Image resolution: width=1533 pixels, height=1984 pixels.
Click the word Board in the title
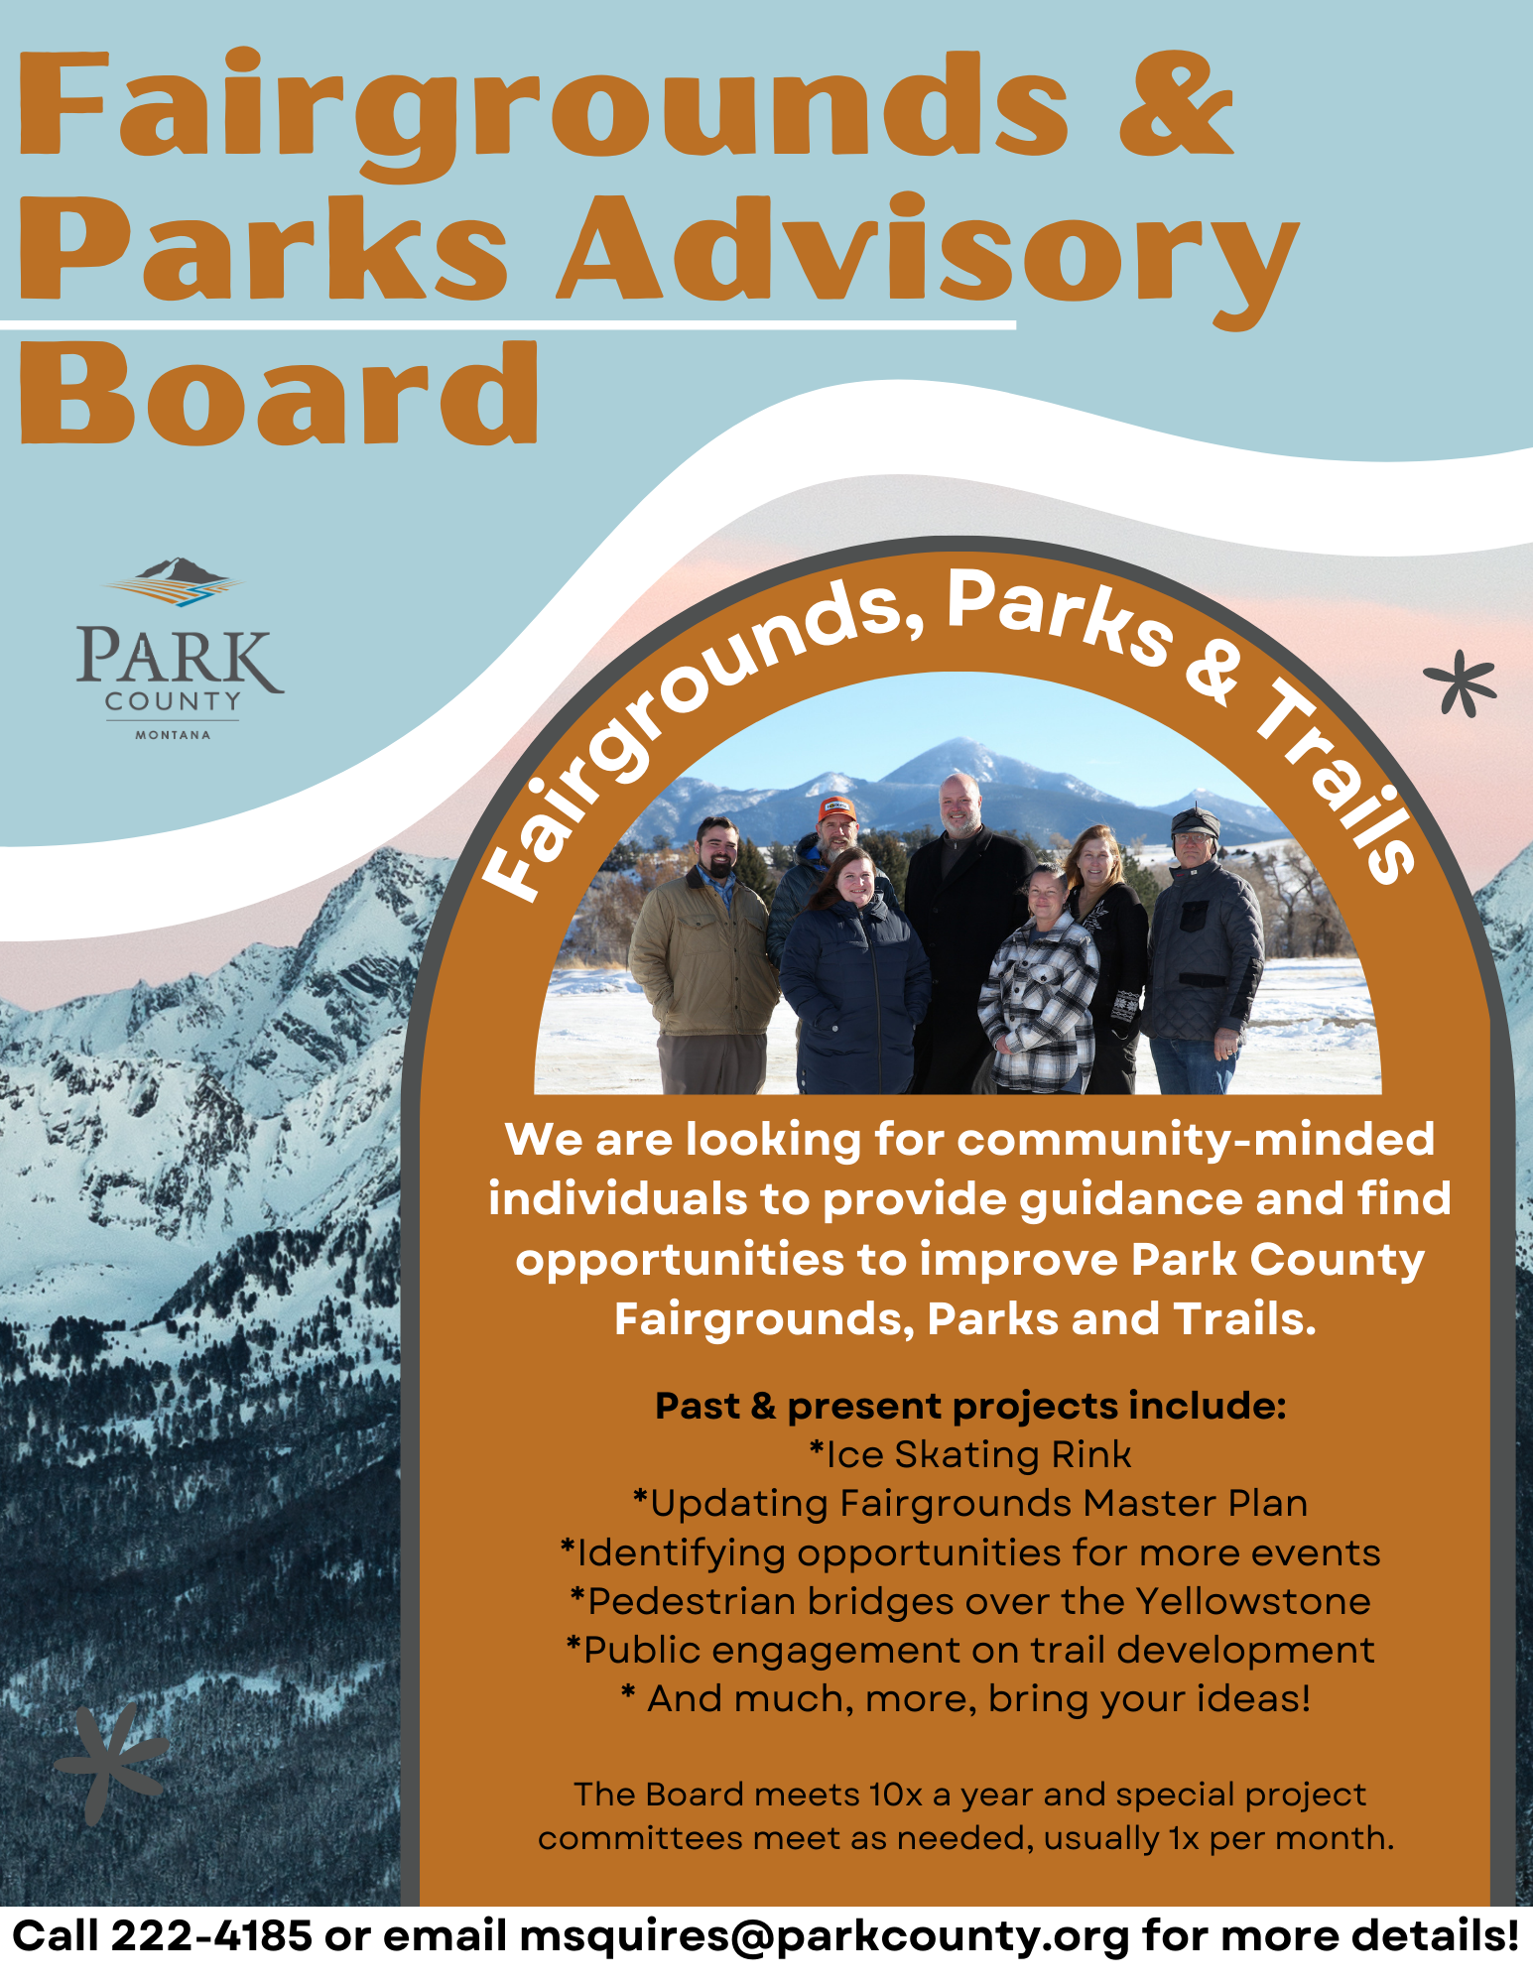280,393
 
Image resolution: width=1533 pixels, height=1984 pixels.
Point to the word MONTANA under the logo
173,735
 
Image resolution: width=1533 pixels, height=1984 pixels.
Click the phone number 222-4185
211,1935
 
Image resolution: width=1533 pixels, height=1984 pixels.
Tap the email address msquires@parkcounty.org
825,1937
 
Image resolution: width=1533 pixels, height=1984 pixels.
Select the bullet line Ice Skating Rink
969,1454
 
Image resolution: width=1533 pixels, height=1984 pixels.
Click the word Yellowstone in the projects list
1253,1601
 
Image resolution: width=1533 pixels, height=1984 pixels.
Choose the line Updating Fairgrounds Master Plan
969,1504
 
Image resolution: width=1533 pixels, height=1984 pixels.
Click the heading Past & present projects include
969,1407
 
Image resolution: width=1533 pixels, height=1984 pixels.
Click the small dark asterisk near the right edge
1461,683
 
